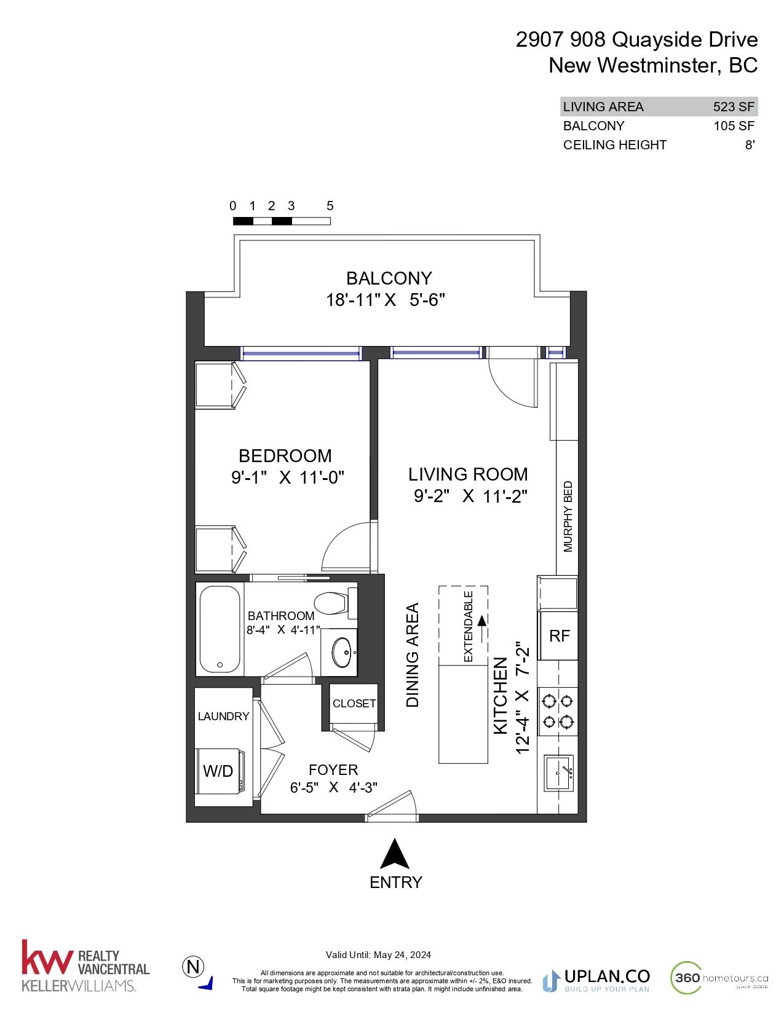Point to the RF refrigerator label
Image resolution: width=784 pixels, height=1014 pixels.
pyautogui.click(x=559, y=635)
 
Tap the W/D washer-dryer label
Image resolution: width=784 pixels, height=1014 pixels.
pyautogui.click(x=218, y=771)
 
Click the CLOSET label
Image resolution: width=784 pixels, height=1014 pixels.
pyautogui.click(x=354, y=703)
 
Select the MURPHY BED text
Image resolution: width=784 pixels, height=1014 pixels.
pyautogui.click(x=568, y=517)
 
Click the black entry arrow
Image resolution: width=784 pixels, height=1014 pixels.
pyautogui.click(x=395, y=854)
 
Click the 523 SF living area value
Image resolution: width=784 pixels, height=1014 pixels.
pyautogui.click(x=733, y=107)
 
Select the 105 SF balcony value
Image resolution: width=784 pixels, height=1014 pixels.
pyautogui.click(x=734, y=125)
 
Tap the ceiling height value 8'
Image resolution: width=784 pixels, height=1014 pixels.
pyautogui.click(x=750, y=144)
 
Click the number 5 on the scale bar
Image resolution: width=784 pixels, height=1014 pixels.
pyautogui.click(x=330, y=206)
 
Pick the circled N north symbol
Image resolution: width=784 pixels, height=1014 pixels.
pyautogui.click(x=193, y=967)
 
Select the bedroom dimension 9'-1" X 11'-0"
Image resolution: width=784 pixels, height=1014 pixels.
pyautogui.click(x=288, y=478)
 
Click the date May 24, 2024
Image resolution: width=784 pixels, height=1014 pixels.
pyautogui.click(x=402, y=955)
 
